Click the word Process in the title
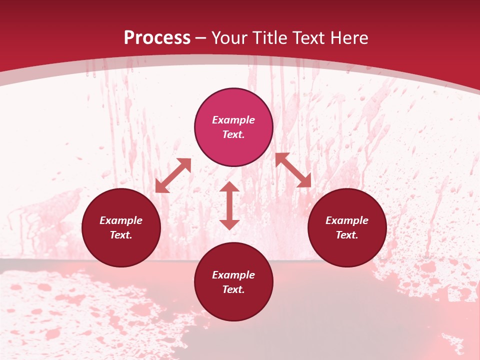[157, 38]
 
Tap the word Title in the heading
[271, 38]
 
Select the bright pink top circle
[233, 105]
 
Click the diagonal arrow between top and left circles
[173, 175]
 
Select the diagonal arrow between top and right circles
[293, 170]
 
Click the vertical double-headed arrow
[229, 205]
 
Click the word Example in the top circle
[233, 120]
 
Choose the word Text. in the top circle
[233, 134]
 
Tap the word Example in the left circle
[121, 220]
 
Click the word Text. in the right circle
[347, 235]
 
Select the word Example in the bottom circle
[233, 275]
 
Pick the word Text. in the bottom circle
[233, 289]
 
